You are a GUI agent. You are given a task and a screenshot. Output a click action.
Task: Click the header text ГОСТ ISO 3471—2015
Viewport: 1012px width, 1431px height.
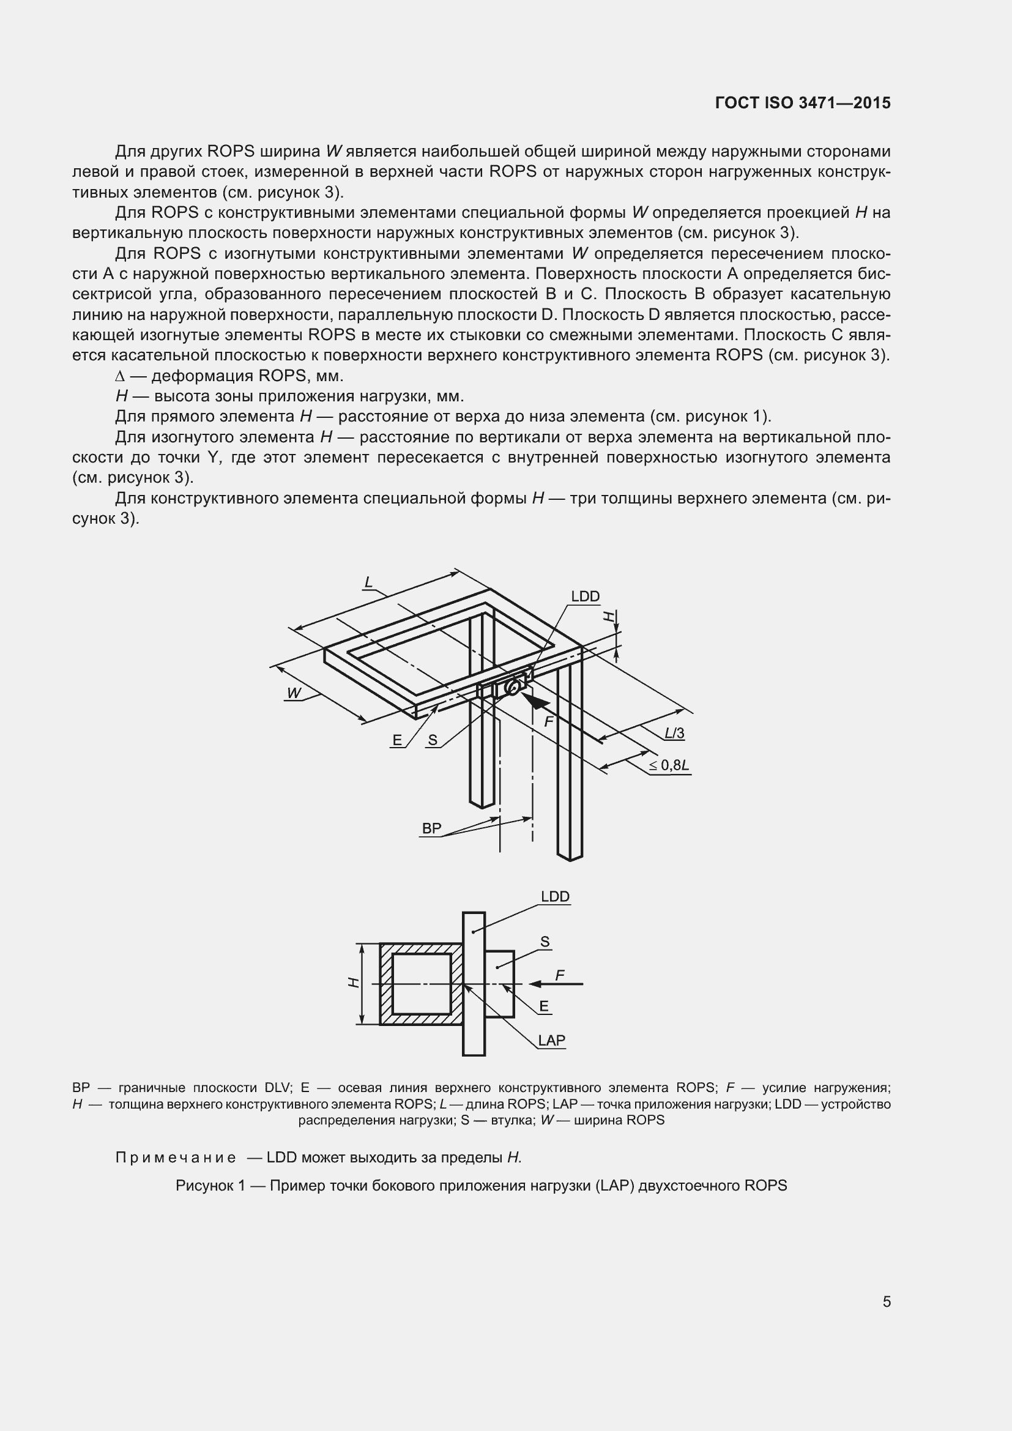(803, 103)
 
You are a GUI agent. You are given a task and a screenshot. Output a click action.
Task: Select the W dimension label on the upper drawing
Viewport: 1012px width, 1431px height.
(294, 693)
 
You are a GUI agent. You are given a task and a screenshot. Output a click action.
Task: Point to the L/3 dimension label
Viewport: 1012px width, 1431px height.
(674, 733)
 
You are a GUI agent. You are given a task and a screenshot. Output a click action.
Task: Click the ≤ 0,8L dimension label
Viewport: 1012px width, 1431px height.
(669, 765)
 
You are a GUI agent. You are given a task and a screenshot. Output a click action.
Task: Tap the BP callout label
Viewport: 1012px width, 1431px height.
(431, 828)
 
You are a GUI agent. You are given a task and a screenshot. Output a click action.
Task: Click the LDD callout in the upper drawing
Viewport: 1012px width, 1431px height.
(585, 597)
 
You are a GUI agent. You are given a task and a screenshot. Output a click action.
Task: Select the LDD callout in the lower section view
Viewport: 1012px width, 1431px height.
(554, 896)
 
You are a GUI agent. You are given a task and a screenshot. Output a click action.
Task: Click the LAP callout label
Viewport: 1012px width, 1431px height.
(551, 1039)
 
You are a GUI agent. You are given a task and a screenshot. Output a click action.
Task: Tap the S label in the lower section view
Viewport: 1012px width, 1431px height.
(545, 942)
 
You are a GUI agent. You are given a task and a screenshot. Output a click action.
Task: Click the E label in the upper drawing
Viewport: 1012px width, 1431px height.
(397, 740)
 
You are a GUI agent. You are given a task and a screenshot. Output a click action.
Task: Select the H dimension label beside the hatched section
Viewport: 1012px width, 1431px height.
(353, 983)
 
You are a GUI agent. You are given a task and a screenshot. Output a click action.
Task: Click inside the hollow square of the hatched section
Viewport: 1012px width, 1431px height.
(421, 984)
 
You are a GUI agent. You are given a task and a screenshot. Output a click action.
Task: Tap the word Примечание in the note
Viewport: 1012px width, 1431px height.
(176, 1158)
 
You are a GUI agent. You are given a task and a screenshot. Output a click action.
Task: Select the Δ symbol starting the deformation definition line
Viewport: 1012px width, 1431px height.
(121, 376)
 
